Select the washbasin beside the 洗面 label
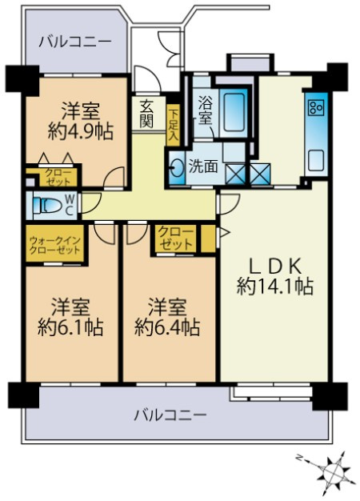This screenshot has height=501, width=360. pos(178,167)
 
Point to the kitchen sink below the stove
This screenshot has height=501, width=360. pos(315,159)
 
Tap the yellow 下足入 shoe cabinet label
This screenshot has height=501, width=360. pos(173,126)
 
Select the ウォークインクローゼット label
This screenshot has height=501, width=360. pos(55,245)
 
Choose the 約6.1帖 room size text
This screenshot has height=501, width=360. pos(70,327)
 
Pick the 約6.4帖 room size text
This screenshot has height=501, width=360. pos(167,327)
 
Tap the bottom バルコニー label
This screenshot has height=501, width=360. pos(170,415)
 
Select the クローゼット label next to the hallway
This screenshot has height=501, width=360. pos(175,238)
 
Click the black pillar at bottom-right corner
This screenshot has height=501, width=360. pos(330,395)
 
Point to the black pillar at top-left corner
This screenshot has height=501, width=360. pos(21,78)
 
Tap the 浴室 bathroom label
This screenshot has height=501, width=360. pos(204,109)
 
